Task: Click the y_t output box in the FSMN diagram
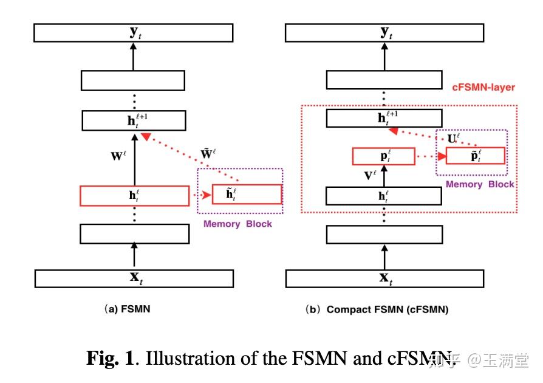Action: click(133, 33)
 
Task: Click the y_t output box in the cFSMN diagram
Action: click(384, 33)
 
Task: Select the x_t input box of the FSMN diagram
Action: click(134, 278)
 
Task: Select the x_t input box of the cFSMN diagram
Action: click(385, 278)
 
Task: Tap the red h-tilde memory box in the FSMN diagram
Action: click(247, 195)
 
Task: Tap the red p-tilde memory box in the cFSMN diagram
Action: click(475, 156)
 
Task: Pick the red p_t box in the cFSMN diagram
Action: click(383, 156)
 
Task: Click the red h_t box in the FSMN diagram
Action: click(134, 196)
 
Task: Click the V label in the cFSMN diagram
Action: click(371, 177)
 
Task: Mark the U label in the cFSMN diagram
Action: click(452, 138)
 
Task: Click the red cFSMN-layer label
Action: click(483, 88)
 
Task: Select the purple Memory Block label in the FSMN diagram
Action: click(237, 224)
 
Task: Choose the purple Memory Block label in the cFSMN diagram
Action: click(480, 184)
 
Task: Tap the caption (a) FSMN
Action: click(128, 309)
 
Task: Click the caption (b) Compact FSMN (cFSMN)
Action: click(378, 309)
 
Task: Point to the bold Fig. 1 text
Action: click(110, 358)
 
